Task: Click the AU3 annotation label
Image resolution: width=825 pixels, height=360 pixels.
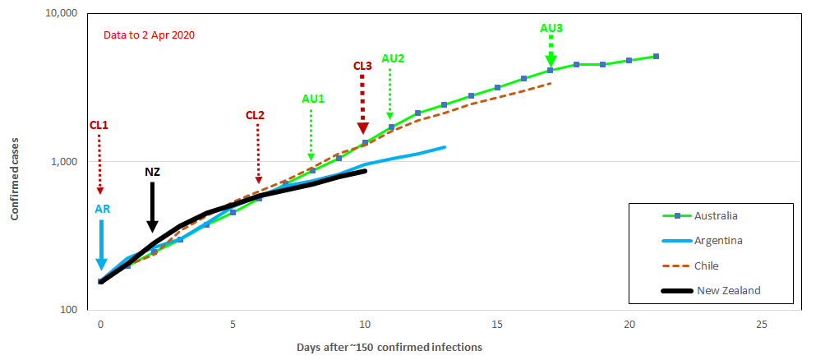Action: coord(551,28)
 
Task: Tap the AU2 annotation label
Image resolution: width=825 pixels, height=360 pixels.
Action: coord(393,58)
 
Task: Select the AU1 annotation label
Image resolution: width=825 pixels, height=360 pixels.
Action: coord(313,99)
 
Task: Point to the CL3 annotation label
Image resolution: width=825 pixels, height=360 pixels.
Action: coord(362,66)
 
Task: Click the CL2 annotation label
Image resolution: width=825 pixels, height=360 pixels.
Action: coord(255,115)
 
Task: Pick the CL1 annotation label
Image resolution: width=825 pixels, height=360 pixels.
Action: coord(99,125)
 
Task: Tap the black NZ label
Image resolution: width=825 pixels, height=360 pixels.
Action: coord(152,172)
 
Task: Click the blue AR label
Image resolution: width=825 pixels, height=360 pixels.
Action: coord(103,210)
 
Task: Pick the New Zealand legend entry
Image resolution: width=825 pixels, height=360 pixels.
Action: coord(728,290)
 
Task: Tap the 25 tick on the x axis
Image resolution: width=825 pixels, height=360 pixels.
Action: coord(762,325)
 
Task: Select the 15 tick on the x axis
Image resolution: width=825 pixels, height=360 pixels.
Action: coord(497,325)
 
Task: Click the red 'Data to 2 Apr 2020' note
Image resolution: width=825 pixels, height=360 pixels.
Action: coord(149,35)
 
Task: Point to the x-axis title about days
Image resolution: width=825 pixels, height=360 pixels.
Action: coord(389,347)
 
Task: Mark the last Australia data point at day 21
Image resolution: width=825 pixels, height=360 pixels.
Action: coord(656,57)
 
